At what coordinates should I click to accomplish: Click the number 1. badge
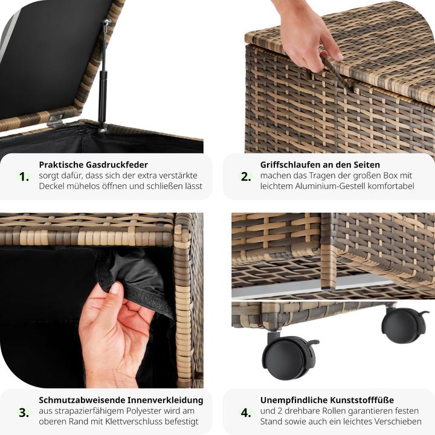pos(24,176)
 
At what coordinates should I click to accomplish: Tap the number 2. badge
pos(246,176)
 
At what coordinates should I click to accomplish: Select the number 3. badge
pos(24,413)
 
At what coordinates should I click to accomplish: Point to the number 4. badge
pos(246,413)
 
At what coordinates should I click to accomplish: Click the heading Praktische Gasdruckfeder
pos(93,164)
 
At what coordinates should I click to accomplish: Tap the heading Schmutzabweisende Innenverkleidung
pos(121,400)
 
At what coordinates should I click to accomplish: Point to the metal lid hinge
pos(56,120)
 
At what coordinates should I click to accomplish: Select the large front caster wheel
pos(288,356)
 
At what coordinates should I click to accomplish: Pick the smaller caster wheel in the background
pos(403,324)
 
